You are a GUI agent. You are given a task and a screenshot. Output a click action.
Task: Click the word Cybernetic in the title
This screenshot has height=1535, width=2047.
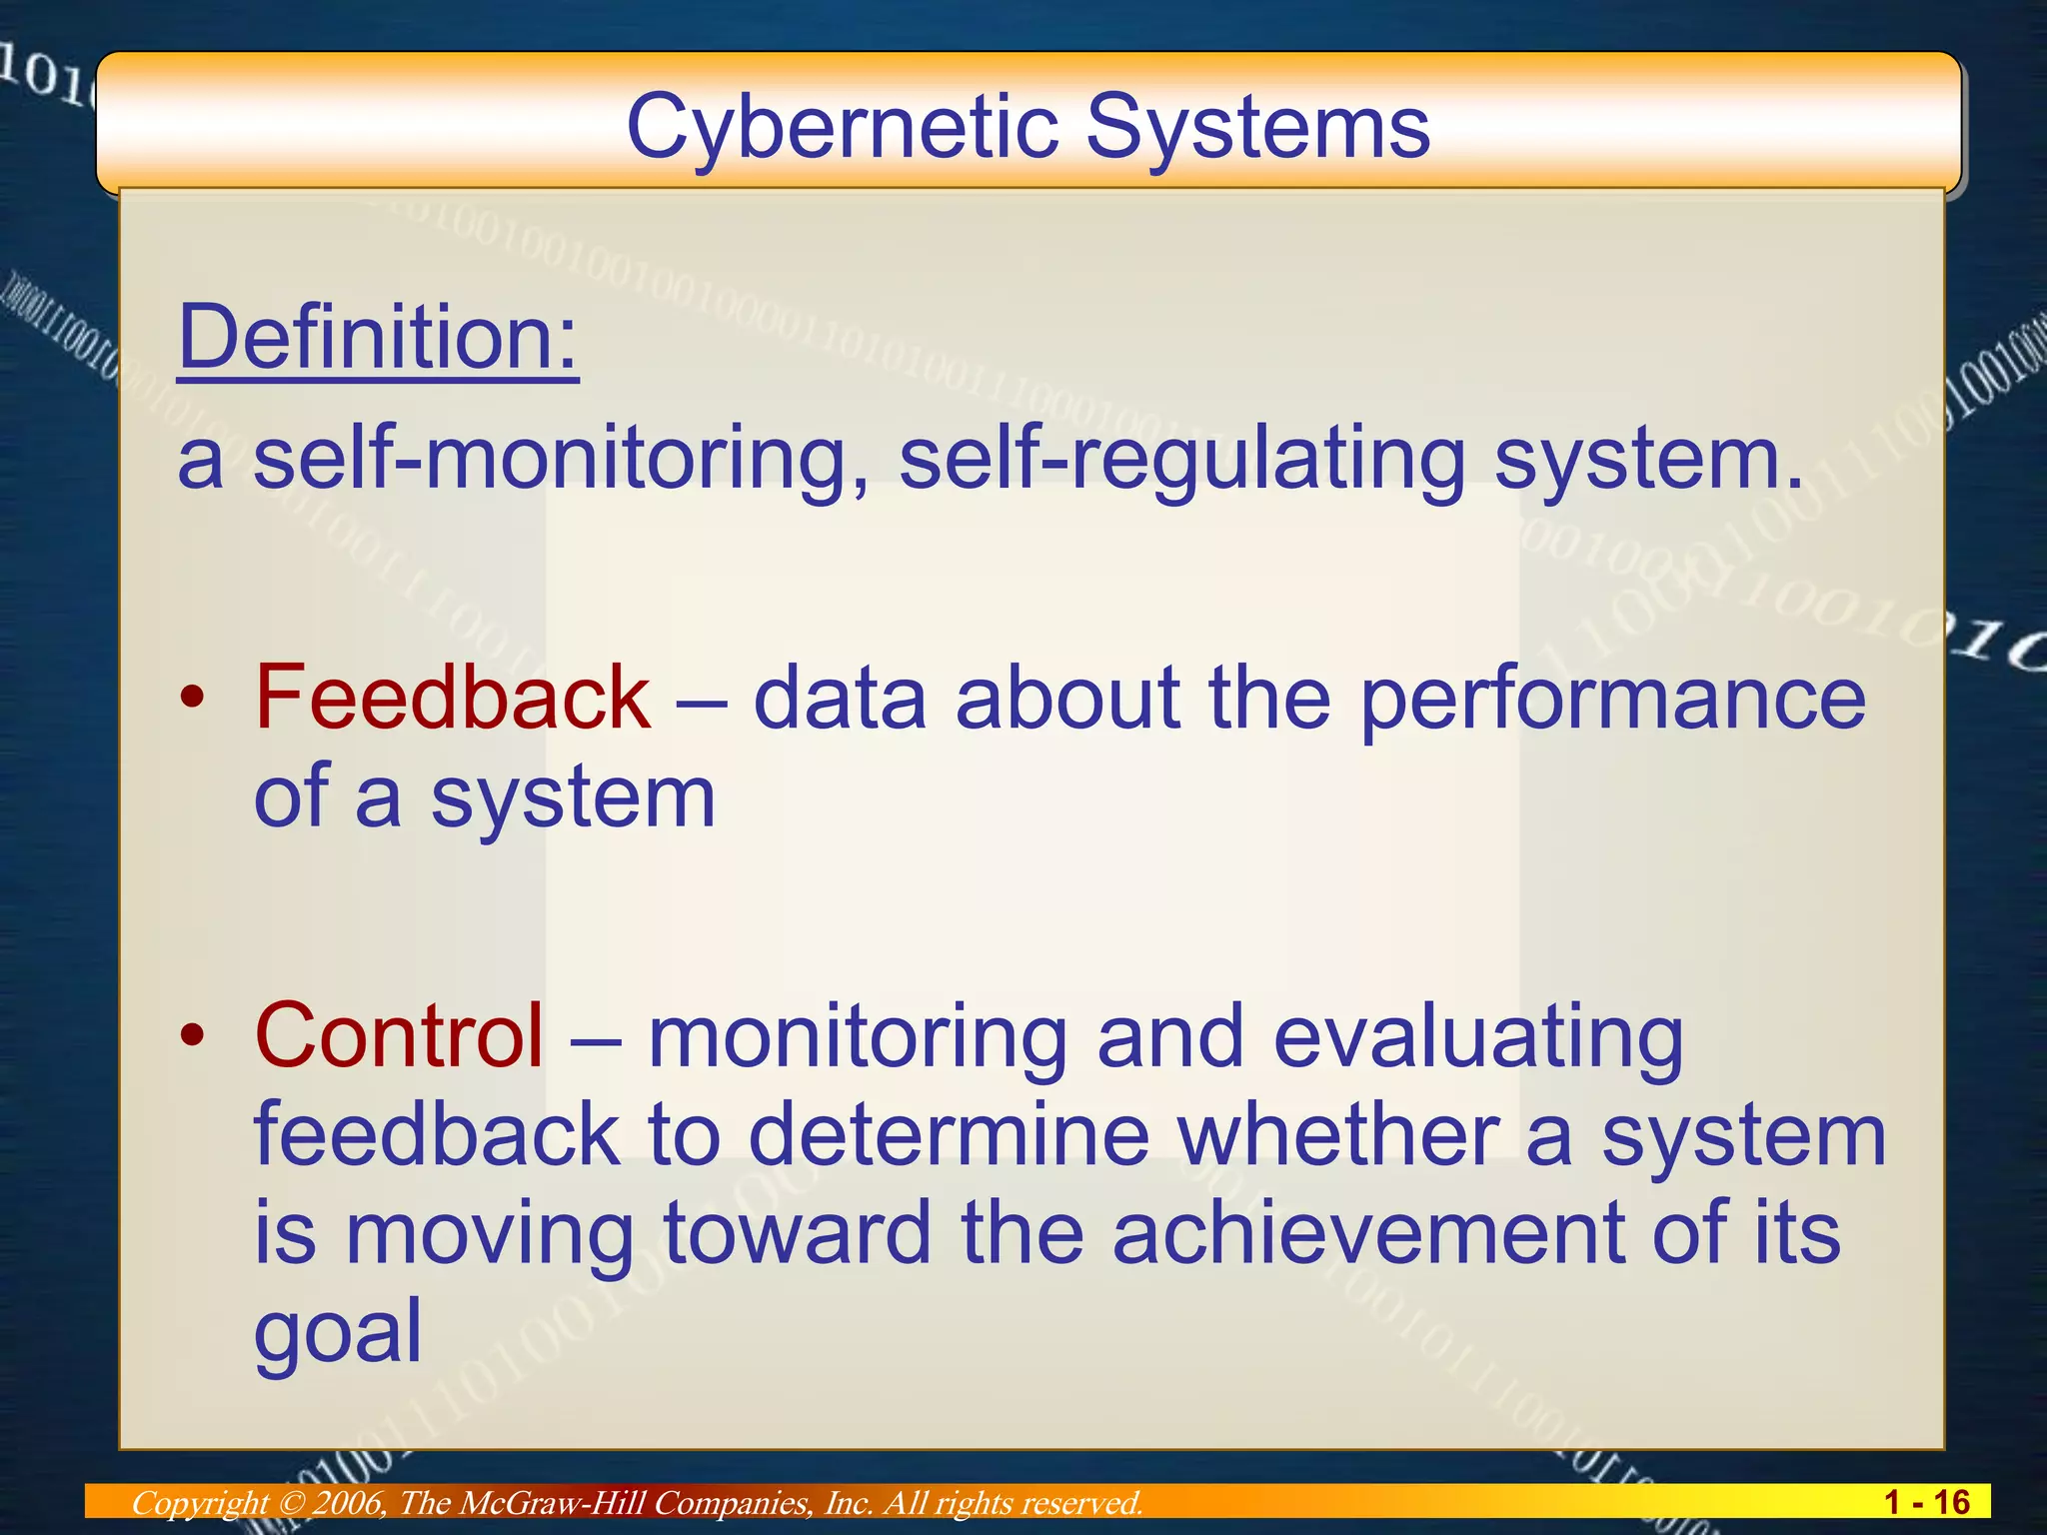[x=842, y=128]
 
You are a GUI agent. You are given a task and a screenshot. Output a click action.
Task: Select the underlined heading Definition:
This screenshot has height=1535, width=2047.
[x=378, y=338]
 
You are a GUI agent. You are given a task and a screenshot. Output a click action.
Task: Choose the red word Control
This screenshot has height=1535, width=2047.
[x=399, y=1036]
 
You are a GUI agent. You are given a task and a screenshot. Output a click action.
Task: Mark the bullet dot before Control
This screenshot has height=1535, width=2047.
[x=192, y=1035]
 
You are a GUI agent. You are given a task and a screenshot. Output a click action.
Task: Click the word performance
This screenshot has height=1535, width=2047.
[x=1612, y=700]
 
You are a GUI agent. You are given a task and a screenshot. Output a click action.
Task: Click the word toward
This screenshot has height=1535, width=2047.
[x=797, y=1233]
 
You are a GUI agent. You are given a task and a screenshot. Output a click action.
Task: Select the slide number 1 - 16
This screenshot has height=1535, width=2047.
[x=1926, y=1502]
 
